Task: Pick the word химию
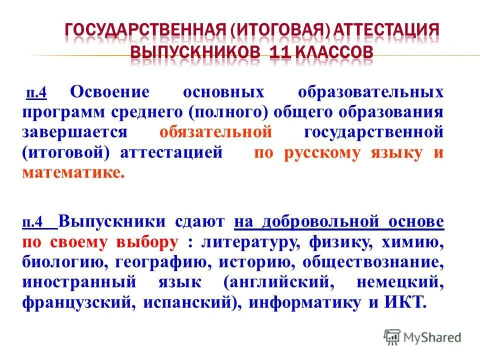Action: pos(412,242)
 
